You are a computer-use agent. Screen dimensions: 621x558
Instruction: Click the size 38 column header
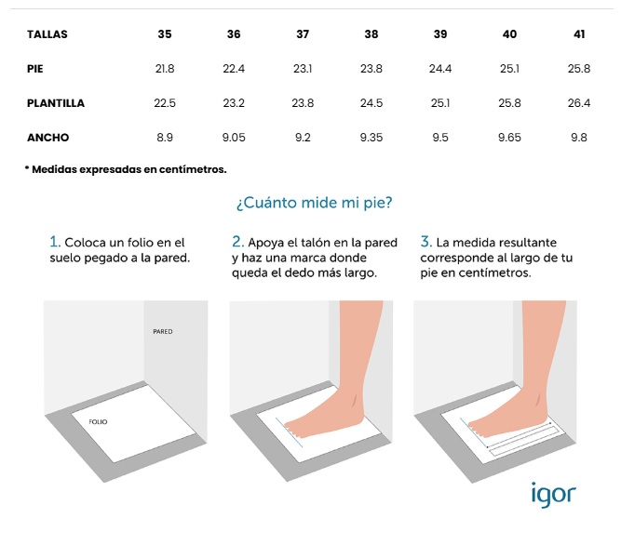point(371,34)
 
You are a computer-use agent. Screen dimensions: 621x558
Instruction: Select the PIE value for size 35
point(165,69)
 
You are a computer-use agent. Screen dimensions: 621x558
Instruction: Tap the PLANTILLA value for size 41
point(578,103)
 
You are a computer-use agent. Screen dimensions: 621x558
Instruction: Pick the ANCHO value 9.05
point(234,138)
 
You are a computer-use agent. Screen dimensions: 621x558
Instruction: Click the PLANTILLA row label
point(56,103)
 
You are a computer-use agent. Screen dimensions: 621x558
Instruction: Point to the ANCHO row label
point(47,138)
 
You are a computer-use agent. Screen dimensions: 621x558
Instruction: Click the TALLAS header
point(47,34)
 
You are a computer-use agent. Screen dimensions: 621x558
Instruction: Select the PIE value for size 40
point(509,69)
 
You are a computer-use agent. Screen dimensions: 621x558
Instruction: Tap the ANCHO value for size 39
point(440,138)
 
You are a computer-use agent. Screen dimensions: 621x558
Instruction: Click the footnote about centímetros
point(126,169)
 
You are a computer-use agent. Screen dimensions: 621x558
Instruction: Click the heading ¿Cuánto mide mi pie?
point(314,203)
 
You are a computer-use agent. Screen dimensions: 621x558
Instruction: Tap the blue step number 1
point(55,242)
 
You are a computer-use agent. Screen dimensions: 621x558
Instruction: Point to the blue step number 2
point(237,242)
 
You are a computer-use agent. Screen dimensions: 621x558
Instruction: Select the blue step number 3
point(426,242)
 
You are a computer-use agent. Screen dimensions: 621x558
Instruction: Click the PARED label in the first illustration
point(163,332)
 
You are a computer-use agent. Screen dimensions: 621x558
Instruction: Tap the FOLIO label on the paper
point(98,422)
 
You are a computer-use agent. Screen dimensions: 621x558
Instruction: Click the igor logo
point(553,495)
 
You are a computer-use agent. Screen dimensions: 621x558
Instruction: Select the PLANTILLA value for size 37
point(303,103)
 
